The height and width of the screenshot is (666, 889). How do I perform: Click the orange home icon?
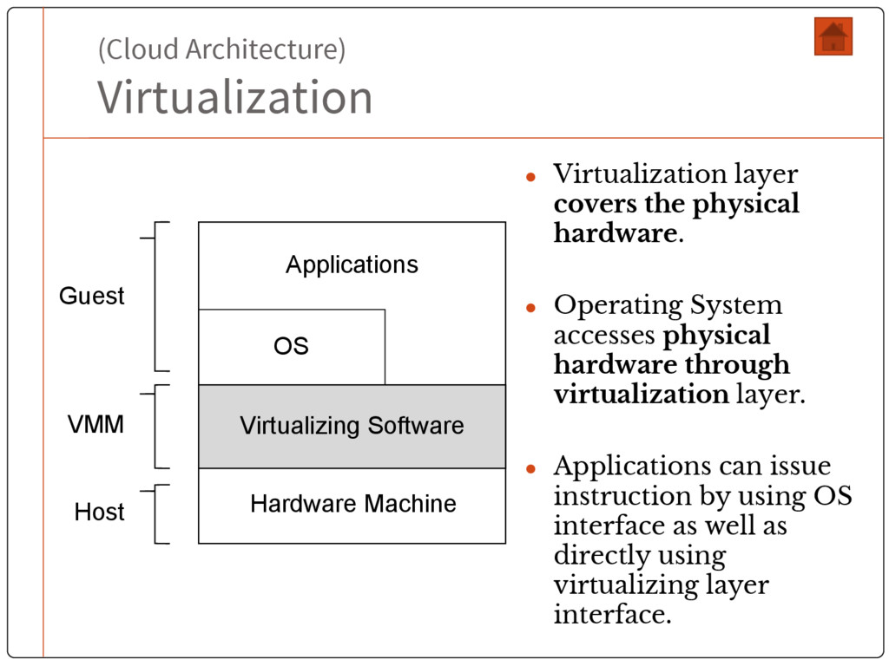(x=833, y=36)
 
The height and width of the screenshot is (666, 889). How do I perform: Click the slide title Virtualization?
(x=234, y=96)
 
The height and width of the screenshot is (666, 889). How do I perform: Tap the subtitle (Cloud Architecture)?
(x=221, y=49)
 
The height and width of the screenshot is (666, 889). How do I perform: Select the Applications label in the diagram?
(x=352, y=264)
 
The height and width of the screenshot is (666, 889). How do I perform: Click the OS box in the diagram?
(x=292, y=346)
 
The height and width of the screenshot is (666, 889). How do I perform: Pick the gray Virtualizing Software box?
(x=352, y=426)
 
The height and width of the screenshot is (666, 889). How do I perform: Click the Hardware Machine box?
(x=352, y=504)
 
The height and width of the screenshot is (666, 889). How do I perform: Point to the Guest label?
(x=91, y=296)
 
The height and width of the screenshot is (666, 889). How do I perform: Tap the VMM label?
(x=95, y=425)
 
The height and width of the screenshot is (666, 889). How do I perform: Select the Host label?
(x=99, y=512)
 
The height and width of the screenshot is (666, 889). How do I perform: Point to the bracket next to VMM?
(x=156, y=426)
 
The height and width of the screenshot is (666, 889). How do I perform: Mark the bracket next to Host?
(x=156, y=513)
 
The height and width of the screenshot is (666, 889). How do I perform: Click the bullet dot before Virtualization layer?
(x=532, y=176)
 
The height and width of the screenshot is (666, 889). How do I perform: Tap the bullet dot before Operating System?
(x=532, y=307)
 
